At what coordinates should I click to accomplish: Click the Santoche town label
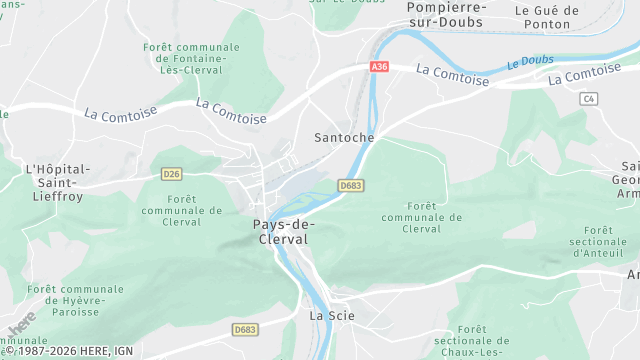pyautogui.click(x=344, y=137)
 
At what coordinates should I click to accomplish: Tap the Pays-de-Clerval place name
pyautogui.click(x=278, y=232)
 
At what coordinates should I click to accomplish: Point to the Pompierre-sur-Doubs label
pyautogui.click(x=446, y=14)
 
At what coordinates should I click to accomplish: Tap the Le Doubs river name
pyautogui.click(x=529, y=62)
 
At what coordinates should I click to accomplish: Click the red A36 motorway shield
pyautogui.click(x=378, y=66)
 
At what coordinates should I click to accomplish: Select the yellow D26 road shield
pyautogui.click(x=171, y=174)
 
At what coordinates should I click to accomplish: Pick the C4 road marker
pyautogui.click(x=588, y=98)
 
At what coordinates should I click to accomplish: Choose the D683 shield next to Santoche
pyautogui.click(x=350, y=185)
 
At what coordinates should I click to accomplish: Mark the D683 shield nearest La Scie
pyautogui.click(x=245, y=329)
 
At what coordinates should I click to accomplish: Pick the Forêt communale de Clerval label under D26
pyautogui.click(x=182, y=210)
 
